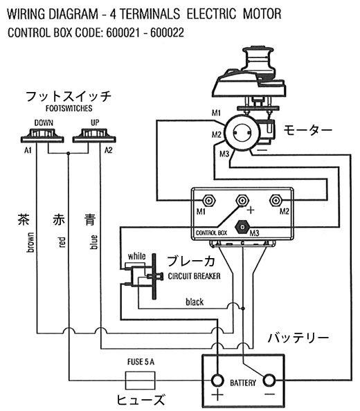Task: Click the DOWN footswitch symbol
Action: tap(42, 135)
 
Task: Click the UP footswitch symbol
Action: tap(94, 135)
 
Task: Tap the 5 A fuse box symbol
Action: tap(140, 380)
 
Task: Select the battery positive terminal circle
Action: tap(217, 381)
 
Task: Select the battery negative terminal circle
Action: tap(269, 381)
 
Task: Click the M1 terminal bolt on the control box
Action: tap(209, 201)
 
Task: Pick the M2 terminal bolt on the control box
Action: tap(276, 201)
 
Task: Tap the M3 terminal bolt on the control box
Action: tap(242, 227)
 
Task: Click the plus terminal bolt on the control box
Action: tap(242, 201)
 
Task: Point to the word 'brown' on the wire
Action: tap(30, 242)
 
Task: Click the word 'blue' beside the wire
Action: tap(93, 242)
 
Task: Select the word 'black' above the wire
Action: tap(195, 302)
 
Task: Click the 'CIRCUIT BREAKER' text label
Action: tap(194, 276)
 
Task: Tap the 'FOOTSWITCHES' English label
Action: tap(69, 108)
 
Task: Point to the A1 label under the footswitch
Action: tap(28, 150)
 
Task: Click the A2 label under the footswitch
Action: tap(108, 150)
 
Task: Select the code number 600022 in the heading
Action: tap(167, 33)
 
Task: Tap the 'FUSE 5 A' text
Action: tap(141, 362)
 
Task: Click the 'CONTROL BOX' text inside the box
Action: tap(211, 232)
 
